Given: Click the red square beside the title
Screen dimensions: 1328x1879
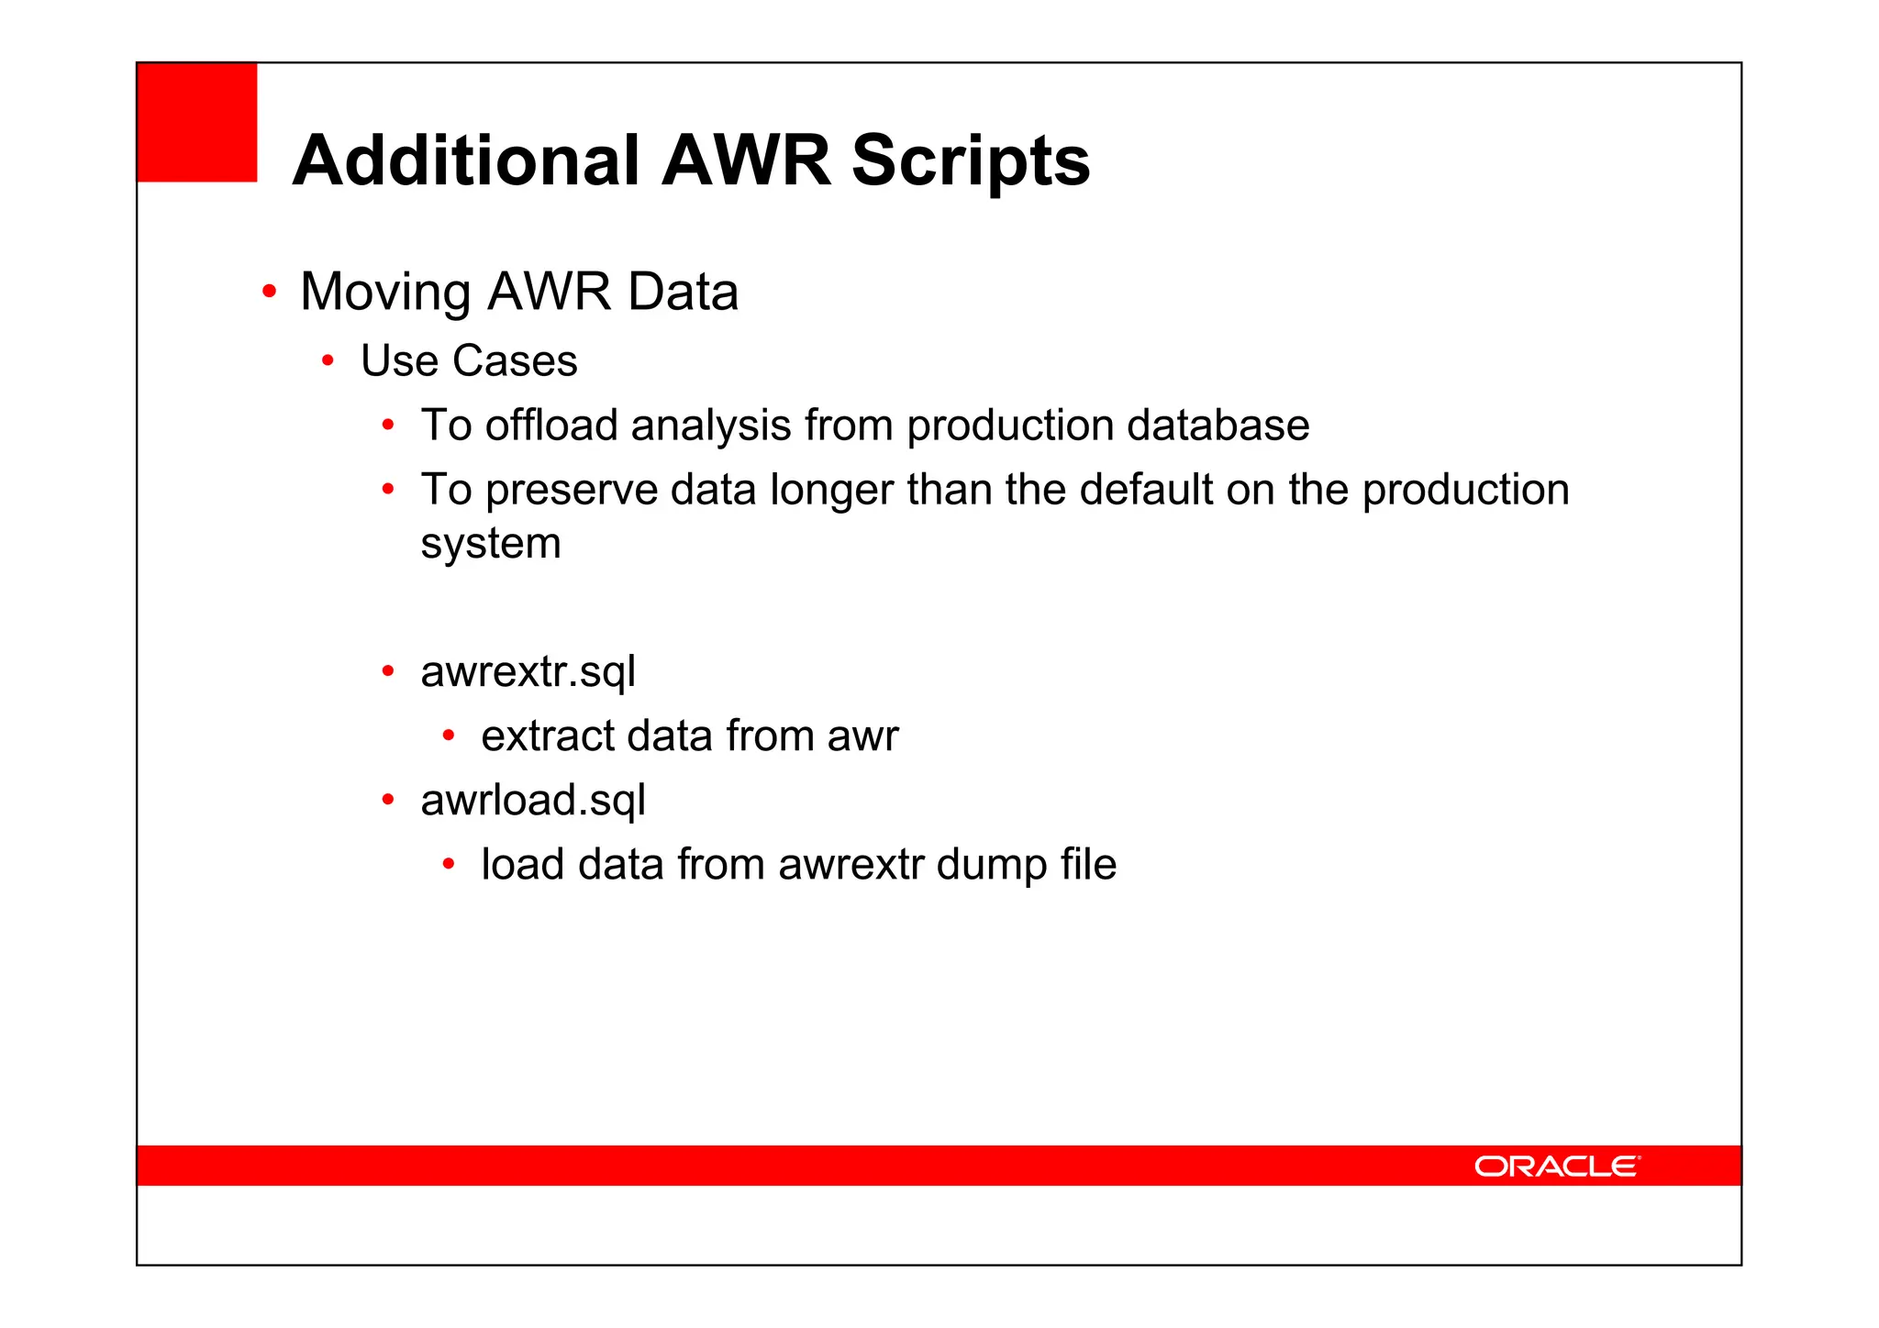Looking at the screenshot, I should pyautogui.click(x=197, y=122).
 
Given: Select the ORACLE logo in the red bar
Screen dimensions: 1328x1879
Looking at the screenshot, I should pyautogui.click(x=1556, y=1166).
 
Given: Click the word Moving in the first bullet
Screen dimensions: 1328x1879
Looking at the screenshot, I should pyautogui.click(x=386, y=293).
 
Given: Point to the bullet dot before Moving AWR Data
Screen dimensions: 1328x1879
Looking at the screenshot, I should pyautogui.click(x=269, y=293).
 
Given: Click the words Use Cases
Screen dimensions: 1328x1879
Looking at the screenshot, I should pyautogui.click(x=469, y=360).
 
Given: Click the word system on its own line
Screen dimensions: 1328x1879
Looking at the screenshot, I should pyautogui.click(x=491, y=544).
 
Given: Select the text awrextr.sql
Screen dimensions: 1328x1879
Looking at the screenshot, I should pyautogui.click(x=528, y=672).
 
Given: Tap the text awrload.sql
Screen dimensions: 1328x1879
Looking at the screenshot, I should pyautogui.click(x=533, y=801).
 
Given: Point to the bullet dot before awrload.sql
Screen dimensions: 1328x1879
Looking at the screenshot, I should pyautogui.click(x=388, y=801).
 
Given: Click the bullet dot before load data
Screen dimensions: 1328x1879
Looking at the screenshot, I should pyautogui.click(x=449, y=864).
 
